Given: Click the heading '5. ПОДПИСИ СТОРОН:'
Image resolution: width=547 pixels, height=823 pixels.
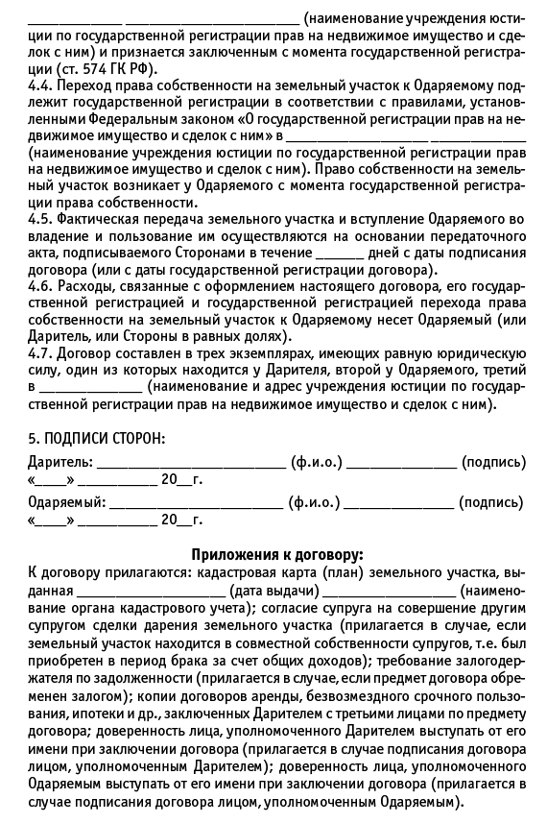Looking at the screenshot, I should pos(96,438).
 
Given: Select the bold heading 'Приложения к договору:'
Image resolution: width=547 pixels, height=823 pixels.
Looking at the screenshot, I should pos(277,554).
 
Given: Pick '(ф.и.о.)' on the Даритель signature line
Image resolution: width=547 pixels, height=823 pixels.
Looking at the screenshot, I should pos(318,462).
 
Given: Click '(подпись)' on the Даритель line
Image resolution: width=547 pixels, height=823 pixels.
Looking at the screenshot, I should pos(493,462).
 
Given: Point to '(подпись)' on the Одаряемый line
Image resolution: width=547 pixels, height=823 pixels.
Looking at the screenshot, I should pos(491,502).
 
